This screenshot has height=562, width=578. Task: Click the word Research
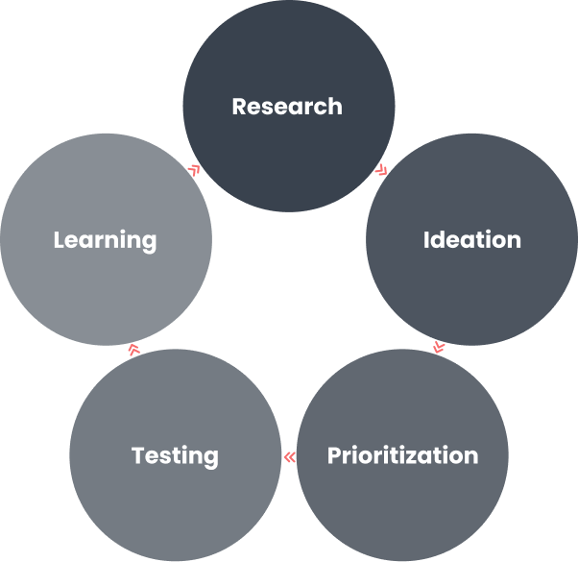(287, 107)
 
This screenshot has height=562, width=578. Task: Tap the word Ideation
(471, 240)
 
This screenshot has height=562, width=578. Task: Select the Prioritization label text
(402, 455)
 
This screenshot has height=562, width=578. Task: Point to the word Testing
(175, 456)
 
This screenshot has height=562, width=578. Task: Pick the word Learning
(105, 241)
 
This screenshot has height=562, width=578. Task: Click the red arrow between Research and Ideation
(381, 170)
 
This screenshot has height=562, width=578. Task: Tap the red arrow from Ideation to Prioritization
(439, 348)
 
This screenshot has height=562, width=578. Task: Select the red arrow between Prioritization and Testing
(290, 457)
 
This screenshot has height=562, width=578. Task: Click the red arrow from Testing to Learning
(134, 350)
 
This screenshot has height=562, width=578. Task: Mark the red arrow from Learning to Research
(194, 170)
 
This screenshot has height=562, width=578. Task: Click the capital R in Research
(240, 107)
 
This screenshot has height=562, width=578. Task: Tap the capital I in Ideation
(426, 240)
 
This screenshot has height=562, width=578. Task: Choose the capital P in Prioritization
(334, 455)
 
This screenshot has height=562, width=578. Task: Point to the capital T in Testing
(139, 455)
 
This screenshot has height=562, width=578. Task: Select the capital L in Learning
(60, 240)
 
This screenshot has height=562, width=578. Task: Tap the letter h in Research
(335, 107)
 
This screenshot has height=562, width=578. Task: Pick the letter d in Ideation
(439, 240)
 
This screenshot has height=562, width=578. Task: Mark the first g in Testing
(211, 459)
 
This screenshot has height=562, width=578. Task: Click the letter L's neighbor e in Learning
(73, 242)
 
